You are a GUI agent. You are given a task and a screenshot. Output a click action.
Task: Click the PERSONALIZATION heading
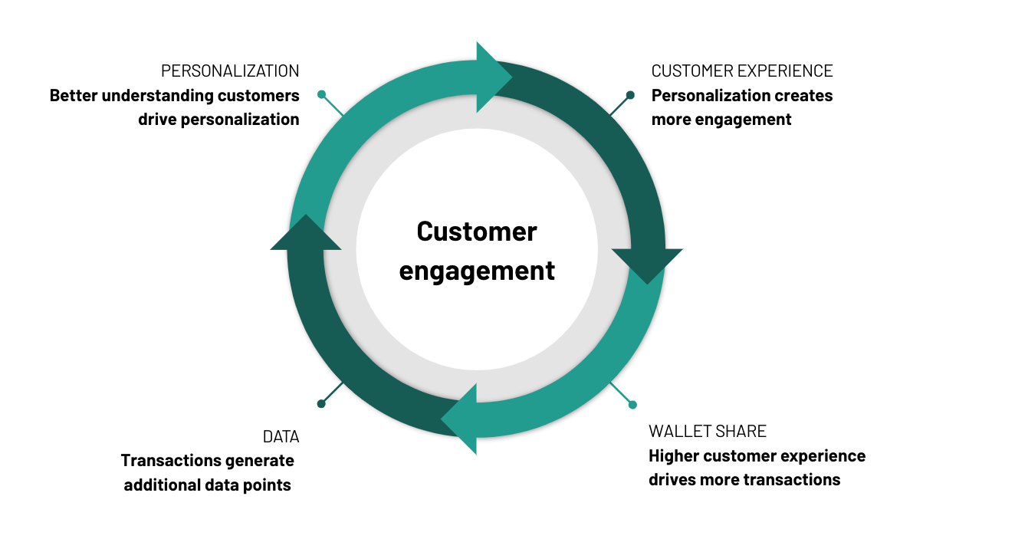(x=230, y=71)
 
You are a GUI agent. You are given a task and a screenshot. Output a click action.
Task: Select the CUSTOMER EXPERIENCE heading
(x=741, y=71)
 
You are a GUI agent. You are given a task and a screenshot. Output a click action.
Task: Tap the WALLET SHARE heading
(x=708, y=431)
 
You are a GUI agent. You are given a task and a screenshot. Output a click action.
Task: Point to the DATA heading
(x=281, y=437)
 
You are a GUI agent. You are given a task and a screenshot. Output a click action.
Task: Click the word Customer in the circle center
(x=477, y=232)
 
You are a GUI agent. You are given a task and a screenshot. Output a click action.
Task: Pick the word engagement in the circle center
(x=477, y=271)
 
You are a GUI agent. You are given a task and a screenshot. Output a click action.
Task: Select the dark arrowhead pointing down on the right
(x=647, y=264)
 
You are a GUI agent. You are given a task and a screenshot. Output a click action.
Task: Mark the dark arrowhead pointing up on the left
(x=306, y=234)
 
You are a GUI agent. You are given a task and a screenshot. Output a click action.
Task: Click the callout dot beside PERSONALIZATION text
(x=322, y=95)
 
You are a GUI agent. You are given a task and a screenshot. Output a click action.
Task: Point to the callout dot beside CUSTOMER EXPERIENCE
(x=630, y=96)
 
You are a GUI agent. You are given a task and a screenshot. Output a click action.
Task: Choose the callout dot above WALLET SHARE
(x=632, y=405)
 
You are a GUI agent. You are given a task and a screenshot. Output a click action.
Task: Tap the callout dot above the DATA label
(x=321, y=404)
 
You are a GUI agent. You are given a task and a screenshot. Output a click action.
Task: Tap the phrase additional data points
(x=207, y=485)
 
